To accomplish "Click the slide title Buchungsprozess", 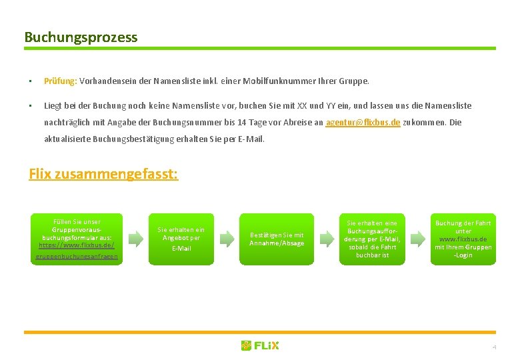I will [x=81, y=37].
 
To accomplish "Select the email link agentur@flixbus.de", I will [x=363, y=123].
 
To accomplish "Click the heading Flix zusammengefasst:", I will [x=103, y=175].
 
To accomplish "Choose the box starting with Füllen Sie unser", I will [x=77, y=239].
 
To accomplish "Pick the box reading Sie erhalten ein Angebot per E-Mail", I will [x=181, y=239].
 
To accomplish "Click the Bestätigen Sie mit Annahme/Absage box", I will [x=276, y=239].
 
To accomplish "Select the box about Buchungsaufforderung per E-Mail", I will [x=372, y=239].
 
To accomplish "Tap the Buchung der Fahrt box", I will [x=463, y=239].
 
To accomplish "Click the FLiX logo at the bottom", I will [x=260, y=345].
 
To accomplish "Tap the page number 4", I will [x=494, y=347].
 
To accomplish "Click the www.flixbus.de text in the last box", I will [x=463, y=239].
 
